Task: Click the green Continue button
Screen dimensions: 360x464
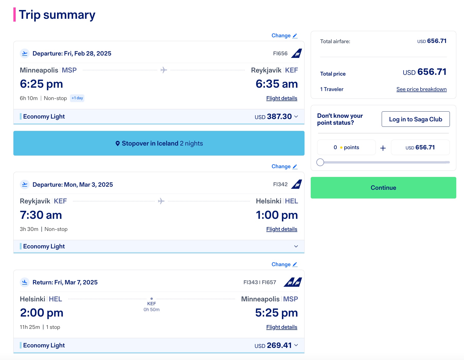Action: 383,188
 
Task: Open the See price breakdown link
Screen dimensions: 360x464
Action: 421,89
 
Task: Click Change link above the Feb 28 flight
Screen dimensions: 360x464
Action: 284,35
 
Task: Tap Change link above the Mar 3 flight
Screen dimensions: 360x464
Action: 284,166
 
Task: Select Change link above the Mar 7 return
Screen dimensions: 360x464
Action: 284,264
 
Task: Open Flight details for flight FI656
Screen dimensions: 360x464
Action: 282,98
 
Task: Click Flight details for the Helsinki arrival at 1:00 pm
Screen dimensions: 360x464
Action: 282,229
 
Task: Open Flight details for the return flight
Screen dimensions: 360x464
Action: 282,327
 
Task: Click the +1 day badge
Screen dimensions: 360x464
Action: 77,98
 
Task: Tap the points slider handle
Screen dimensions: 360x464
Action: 320,162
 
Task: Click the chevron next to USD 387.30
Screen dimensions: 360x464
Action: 296,116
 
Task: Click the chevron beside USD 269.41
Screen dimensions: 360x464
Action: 296,345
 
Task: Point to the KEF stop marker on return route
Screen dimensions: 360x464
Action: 151,299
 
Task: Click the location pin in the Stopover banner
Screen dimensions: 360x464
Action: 118,143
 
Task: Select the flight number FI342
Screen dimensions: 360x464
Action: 280,184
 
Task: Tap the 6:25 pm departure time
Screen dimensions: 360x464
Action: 41,84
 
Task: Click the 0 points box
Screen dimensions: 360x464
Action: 346,147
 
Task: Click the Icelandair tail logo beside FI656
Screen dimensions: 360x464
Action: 297,53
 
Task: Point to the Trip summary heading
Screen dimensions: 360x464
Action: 57,15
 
